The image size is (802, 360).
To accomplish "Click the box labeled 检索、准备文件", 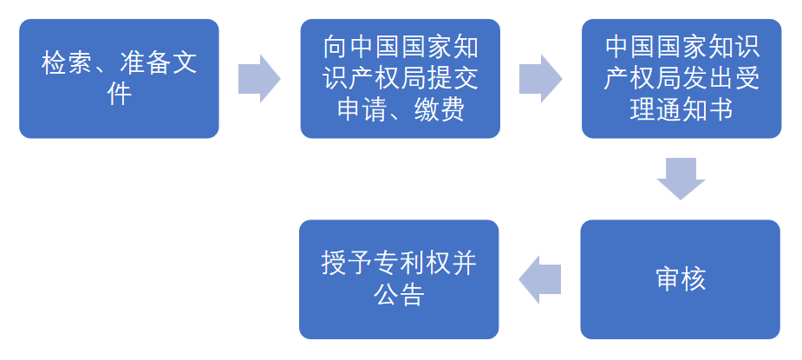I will coord(119,78).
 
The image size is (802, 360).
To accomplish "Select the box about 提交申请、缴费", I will coord(401,78).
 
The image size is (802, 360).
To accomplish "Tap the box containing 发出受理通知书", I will coord(681,78).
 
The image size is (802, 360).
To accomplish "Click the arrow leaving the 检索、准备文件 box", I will coord(258,78).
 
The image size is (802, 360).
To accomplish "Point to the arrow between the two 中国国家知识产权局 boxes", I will coord(539,78).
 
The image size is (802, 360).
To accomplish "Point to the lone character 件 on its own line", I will coord(119,93).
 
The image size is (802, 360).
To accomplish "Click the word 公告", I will coord(399,295).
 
